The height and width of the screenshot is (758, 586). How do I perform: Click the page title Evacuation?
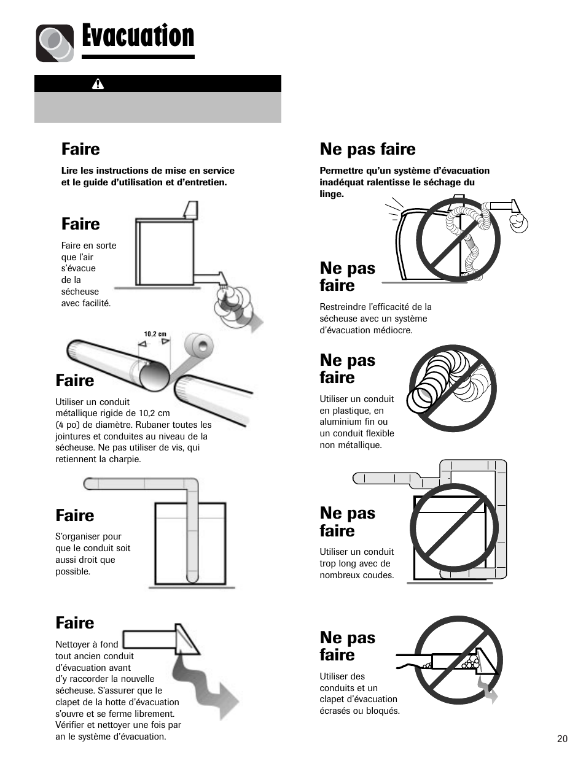[138, 36]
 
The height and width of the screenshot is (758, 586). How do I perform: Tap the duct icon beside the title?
[55, 43]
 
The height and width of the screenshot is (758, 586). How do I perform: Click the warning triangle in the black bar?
[98, 83]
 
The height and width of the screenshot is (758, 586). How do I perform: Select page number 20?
[562, 739]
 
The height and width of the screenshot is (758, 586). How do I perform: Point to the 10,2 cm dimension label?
[155, 334]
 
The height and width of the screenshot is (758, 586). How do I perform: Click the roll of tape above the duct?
[198, 345]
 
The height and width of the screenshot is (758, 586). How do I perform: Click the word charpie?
[125, 459]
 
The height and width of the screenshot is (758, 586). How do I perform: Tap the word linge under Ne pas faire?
[332, 195]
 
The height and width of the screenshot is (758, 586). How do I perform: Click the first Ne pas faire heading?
[367, 149]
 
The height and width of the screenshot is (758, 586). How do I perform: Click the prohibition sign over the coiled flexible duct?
[453, 389]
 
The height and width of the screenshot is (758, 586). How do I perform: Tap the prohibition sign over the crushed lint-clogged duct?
[458, 660]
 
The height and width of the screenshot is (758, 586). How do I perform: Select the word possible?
[72, 571]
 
